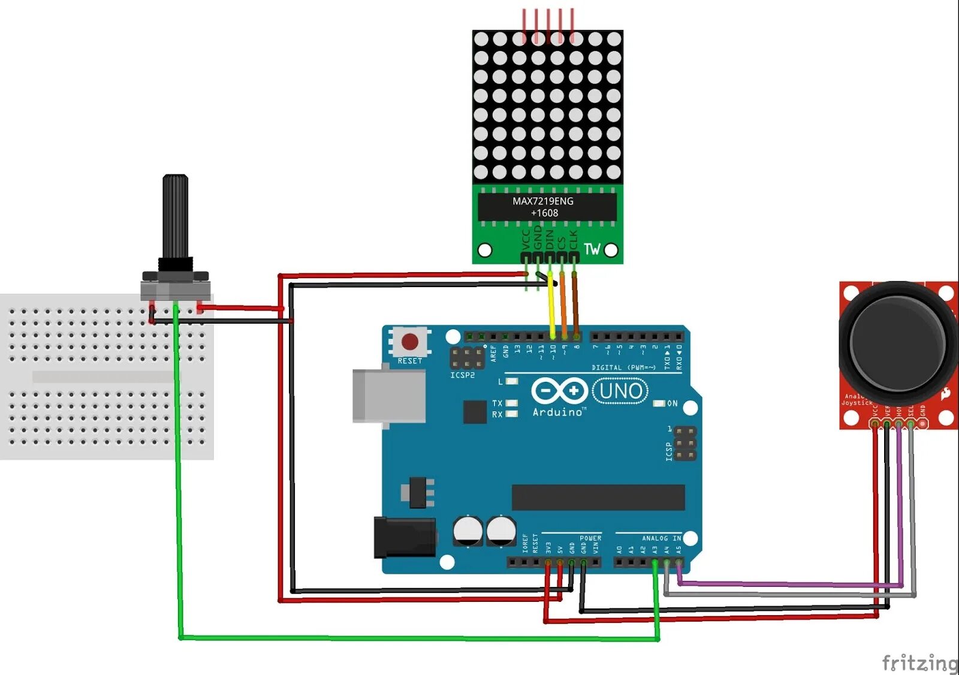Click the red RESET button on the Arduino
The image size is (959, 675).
click(x=410, y=342)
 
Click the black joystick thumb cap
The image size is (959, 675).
click(x=897, y=343)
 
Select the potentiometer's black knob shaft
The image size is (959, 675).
click(x=176, y=216)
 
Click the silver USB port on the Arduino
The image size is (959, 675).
click(x=389, y=396)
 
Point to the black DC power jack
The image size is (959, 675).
click(x=405, y=537)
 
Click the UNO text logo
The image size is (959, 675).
click(x=620, y=391)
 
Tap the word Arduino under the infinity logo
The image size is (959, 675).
click(x=557, y=412)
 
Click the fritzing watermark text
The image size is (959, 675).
click(x=919, y=663)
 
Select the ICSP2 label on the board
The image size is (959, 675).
click(x=462, y=375)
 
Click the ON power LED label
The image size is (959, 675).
click(x=672, y=403)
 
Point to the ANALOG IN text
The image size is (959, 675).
click(x=661, y=538)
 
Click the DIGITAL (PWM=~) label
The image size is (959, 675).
click(x=623, y=367)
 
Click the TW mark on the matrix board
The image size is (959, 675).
click(x=592, y=249)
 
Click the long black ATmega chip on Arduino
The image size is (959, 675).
click(x=598, y=498)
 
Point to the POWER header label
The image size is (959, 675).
click(x=590, y=538)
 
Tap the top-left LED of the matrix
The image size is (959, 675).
click(x=481, y=39)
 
